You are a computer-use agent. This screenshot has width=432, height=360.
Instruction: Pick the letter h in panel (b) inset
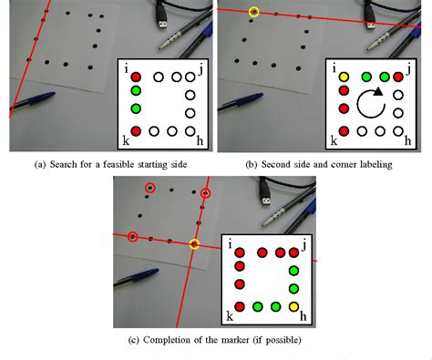(x=410, y=143)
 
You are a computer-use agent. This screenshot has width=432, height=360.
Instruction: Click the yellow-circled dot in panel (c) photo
(x=194, y=243)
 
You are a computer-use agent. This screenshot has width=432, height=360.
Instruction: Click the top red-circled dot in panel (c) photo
(x=149, y=188)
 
